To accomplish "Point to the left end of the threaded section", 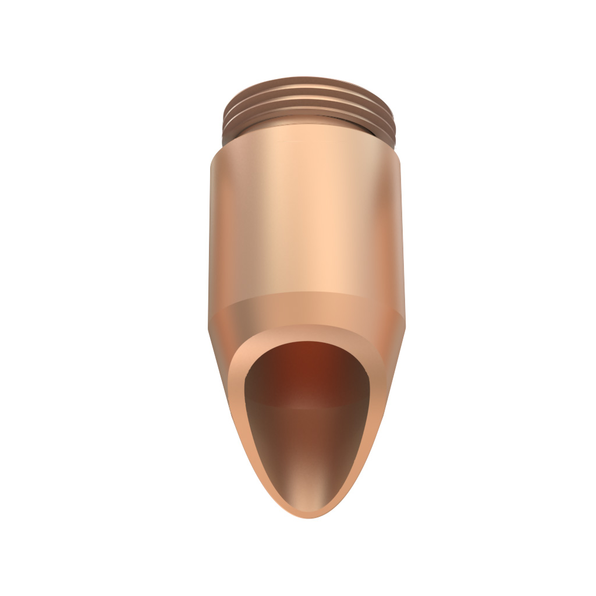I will coord(224,116).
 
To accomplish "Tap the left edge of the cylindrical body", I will coord(210,233).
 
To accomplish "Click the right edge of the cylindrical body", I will coord(403,233).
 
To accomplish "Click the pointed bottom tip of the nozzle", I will coord(308,515).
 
